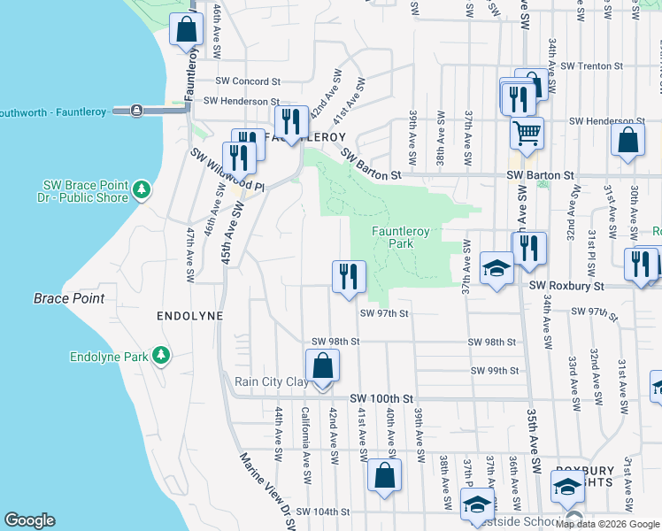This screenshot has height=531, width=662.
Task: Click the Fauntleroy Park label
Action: click(400, 236)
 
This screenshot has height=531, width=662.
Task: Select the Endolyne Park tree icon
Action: click(160, 355)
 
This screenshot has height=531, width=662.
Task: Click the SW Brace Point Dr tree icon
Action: click(140, 189)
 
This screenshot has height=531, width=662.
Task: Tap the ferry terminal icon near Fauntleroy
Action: click(136, 111)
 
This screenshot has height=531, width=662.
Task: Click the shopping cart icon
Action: click(526, 133)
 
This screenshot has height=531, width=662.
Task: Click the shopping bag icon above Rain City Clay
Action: click(322, 366)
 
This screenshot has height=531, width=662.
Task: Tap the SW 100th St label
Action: click(381, 399)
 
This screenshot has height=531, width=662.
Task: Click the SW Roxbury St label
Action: click(566, 286)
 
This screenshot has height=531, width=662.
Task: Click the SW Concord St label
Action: click(250, 81)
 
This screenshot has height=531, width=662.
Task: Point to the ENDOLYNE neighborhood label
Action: click(189, 315)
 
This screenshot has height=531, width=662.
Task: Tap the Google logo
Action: click(29, 520)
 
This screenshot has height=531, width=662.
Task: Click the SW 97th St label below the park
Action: click(384, 313)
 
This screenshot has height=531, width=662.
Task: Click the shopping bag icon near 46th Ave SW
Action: click(187, 30)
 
